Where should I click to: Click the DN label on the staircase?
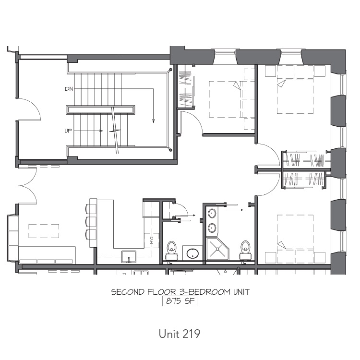point(69,89)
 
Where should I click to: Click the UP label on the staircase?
point(68,131)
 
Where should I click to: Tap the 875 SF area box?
point(180,301)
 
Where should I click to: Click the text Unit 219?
point(180,334)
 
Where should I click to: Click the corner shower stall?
point(218,249)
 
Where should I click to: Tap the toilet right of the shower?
point(245,250)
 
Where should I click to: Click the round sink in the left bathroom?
point(192,254)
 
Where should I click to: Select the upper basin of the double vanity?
point(212,214)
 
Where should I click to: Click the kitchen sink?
point(129,257)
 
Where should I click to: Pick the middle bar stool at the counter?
point(91,222)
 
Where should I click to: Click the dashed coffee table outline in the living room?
point(44,231)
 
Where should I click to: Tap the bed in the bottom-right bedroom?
point(295,239)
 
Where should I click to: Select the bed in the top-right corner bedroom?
point(295,89)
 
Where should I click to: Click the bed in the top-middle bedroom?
point(232,99)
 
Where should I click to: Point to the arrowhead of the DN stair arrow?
point(154,121)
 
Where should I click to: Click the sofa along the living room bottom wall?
point(47,255)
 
